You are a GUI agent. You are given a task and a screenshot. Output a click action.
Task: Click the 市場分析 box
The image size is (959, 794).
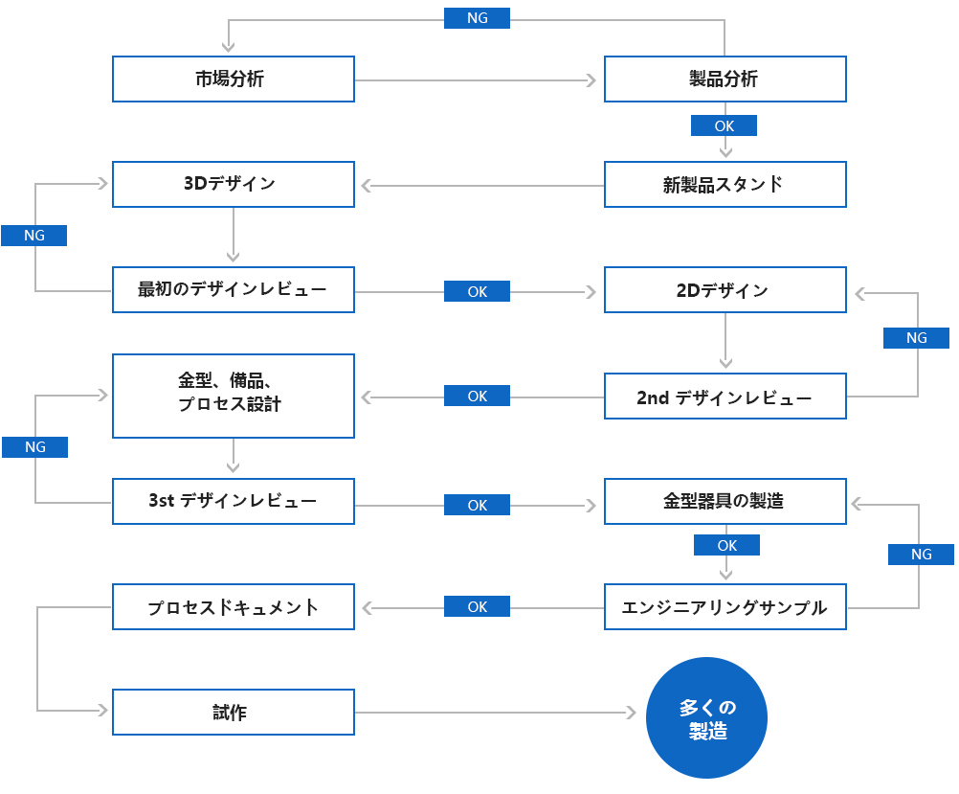234,79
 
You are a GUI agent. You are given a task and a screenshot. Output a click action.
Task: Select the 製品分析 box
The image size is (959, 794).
725,79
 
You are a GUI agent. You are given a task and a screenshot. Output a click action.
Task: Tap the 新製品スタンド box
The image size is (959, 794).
725,184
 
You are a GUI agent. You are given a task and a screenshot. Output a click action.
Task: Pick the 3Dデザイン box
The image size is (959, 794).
234,184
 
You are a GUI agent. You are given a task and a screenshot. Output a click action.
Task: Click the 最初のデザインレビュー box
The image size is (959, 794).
234,289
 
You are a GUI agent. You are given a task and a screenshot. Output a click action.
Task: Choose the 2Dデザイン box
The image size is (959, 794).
725,289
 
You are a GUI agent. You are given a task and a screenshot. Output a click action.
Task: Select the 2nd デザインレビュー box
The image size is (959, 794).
725,396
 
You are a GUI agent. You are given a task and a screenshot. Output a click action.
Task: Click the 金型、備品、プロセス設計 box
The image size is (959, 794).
234,395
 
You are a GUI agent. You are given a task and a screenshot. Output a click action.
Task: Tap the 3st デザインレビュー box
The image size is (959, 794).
234,501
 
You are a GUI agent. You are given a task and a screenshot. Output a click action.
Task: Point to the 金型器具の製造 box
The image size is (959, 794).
725,501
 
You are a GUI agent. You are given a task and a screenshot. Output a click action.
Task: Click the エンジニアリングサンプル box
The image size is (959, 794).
725,606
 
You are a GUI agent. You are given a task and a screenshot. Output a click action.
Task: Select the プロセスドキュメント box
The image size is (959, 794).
234,606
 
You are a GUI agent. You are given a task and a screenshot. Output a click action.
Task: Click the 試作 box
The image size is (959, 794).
234,713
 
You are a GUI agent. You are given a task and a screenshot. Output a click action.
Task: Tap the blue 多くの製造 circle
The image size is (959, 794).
707,718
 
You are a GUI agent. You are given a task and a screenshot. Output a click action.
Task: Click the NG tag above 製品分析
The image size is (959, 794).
477,18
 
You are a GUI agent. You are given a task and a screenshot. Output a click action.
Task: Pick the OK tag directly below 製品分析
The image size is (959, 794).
724,125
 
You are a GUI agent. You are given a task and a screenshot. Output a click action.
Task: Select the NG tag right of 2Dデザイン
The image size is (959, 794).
916,337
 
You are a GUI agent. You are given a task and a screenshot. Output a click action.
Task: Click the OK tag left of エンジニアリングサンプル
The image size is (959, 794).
477,606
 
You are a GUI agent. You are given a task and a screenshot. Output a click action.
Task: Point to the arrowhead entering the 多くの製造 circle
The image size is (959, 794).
631,713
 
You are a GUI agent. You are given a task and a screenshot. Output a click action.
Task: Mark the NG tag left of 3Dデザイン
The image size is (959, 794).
33,236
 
